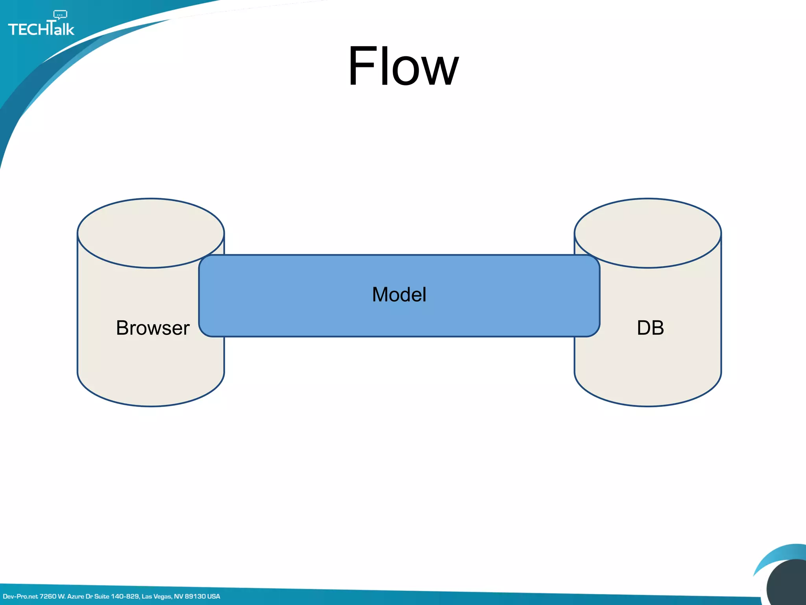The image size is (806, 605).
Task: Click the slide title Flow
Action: (x=403, y=66)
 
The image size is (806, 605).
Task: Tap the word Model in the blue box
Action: (x=399, y=295)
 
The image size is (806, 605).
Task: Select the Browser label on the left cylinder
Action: (x=153, y=328)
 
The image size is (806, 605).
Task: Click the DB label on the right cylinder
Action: (x=650, y=328)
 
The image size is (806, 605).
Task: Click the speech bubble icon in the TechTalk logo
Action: (x=60, y=15)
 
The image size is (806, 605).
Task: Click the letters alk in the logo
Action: (x=64, y=30)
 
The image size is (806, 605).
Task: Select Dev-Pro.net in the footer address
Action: (x=20, y=596)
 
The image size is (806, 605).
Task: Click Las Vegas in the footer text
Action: (x=156, y=596)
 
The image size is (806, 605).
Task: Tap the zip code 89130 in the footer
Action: (x=195, y=596)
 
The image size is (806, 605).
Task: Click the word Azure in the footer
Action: (x=75, y=596)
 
